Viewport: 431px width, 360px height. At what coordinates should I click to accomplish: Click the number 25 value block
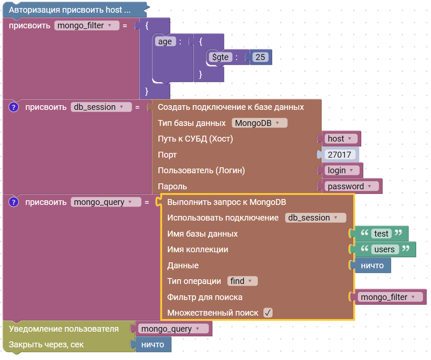coord(260,57)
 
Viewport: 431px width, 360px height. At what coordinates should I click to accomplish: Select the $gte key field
coord(220,57)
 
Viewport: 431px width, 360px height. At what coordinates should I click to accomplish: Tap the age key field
coord(165,41)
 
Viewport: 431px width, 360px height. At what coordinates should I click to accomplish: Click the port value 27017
coord(339,155)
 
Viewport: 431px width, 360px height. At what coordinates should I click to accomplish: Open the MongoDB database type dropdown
coord(259,123)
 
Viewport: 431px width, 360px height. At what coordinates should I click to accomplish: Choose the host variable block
coord(340,139)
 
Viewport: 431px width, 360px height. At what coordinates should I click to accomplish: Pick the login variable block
coord(341,170)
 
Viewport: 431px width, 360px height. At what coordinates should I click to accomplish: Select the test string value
coord(381,234)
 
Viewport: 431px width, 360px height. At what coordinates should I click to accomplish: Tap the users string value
coord(385,249)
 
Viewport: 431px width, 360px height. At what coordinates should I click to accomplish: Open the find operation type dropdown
coord(242,281)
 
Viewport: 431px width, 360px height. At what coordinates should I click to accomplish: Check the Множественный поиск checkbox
coord(268,313)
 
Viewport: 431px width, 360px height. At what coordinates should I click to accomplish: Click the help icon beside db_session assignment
coord(14,107)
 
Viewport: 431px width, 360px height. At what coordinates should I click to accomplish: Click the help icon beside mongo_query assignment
coord(14,202)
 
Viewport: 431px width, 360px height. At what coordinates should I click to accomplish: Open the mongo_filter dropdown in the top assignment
coord(87,25)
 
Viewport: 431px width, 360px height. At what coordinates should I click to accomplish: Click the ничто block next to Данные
coord(372,265)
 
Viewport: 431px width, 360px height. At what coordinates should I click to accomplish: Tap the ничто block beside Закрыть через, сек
coord(153,344)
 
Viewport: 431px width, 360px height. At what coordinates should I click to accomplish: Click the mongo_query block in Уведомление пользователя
coord(173,329)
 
